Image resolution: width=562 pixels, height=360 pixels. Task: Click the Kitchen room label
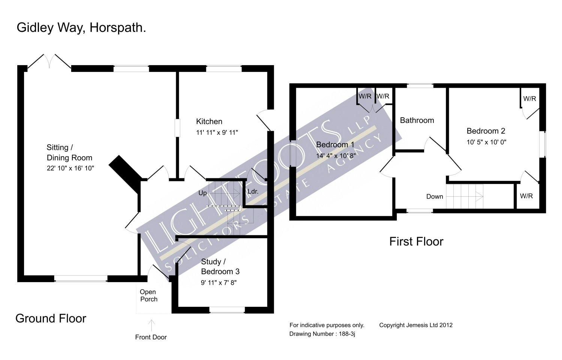point(209,121)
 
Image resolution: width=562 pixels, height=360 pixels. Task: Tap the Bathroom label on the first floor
point(417,120)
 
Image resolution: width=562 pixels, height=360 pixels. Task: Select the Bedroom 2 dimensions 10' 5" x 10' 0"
point(486,142)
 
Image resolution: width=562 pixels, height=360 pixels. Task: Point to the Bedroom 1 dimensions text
point(336,155)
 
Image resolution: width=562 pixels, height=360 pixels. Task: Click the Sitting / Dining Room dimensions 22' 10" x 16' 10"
point(70,168)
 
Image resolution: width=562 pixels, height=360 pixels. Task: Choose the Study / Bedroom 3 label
point(220,266)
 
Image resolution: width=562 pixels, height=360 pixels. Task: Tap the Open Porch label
point(148,296)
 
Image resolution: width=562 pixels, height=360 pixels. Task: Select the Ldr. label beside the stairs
point(253,191)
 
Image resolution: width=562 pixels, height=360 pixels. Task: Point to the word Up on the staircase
point(202,193)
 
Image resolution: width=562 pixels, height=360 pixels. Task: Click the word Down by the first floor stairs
point(435,196)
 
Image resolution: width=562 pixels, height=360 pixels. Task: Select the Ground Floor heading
point(51,318)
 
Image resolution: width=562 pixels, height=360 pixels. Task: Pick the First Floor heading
point(416,241)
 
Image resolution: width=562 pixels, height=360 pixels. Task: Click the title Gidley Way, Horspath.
point(81,28)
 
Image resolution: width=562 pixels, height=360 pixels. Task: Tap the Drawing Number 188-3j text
point(322,334)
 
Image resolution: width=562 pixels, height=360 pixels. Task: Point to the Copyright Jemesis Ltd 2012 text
point(416,325)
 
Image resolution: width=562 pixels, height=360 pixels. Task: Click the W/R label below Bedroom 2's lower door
point(526,196)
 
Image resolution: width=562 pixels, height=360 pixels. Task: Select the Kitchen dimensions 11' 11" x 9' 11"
point(217,132)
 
